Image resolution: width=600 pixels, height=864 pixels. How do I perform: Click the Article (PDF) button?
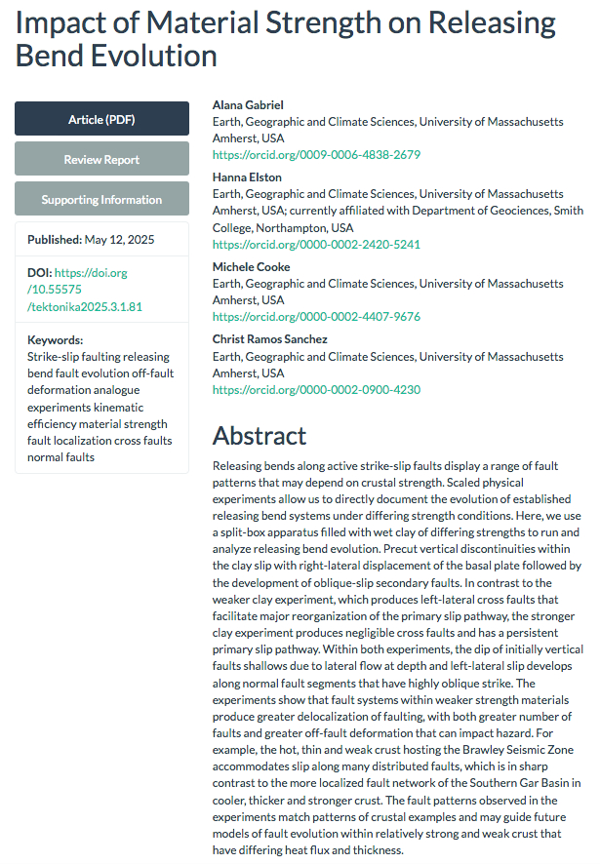point(101,119)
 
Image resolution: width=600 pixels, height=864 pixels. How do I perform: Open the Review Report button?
point(101,159)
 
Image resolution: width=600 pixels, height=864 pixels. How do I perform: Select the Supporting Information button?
point(101,199)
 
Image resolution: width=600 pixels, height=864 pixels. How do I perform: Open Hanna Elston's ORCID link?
point(316,245)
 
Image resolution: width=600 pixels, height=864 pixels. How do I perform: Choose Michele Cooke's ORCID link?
point(316,317)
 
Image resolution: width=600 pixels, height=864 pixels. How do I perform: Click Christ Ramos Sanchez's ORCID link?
point(316,389)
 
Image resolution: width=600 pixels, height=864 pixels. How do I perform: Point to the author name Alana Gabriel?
point(248,105)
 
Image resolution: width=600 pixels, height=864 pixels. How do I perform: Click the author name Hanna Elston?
point(247,177)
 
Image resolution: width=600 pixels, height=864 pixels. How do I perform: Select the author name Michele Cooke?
point(251,267)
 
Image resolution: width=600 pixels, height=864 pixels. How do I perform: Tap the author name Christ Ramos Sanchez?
point(270,339)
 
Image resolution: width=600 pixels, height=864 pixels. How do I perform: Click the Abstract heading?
point(260,435)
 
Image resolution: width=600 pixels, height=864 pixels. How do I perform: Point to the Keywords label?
point(56,340)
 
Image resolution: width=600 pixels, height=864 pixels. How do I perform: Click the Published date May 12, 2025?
point(119,239)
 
